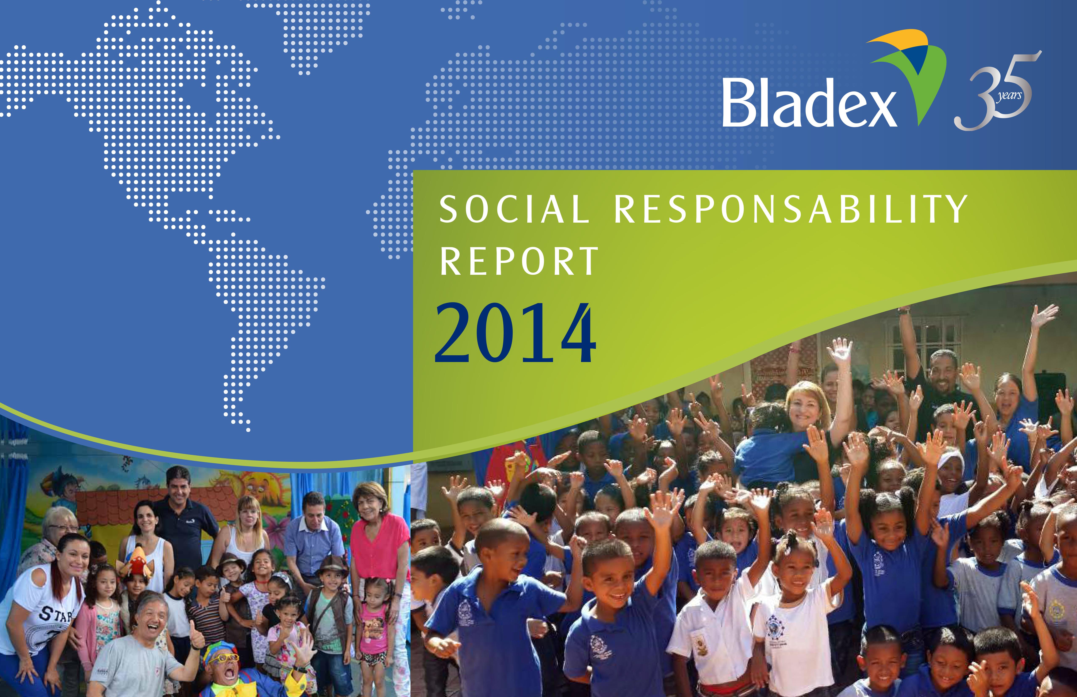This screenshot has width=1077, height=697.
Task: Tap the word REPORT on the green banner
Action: (519, 262)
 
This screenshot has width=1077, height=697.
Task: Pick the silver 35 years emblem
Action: (997, 91)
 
